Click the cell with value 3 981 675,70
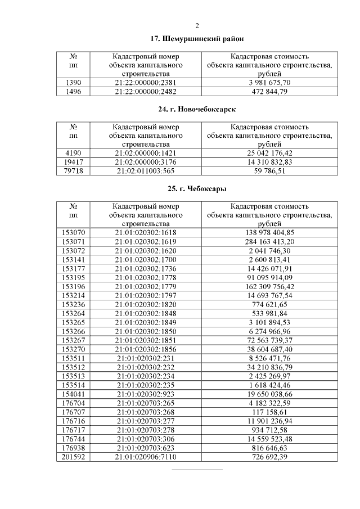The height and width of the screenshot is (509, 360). [x=269, y=83]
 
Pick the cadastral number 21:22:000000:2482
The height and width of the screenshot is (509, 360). [x=146, y=92]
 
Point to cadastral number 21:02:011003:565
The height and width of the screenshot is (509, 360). [x=146, y=172]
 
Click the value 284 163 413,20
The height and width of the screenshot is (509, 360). [x=269, y=241]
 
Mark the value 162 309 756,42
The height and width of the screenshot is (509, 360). [x=269, y=286]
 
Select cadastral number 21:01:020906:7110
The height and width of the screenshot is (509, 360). [x=146, y=457]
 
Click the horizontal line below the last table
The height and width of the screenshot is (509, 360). [x=197, y=469]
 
